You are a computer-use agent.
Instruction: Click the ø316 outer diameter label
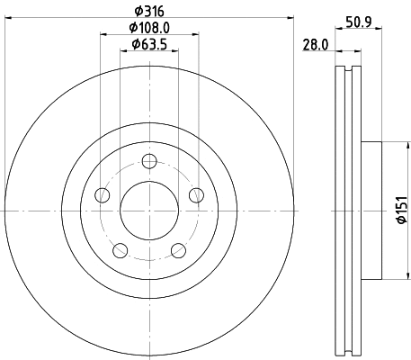(x=150, y=10)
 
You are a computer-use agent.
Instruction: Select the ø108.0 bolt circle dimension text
(x=150, y=28)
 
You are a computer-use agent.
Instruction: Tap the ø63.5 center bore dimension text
(x=150, y=44)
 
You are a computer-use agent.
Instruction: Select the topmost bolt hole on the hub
(x=150, y=162)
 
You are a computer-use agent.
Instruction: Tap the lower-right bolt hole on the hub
(x=178, y=249)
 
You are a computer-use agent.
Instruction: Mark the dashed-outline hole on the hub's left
(x=104, y=195)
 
